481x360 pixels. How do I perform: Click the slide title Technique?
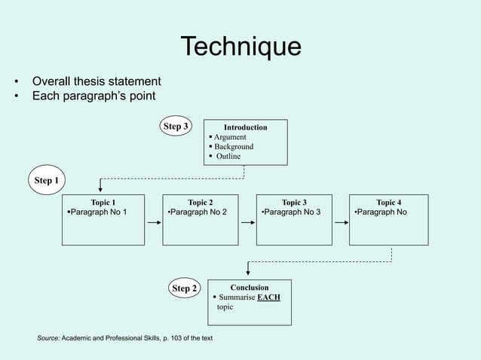point(240,47)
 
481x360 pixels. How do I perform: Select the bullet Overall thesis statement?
point(96,81)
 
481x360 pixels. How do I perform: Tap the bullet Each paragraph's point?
point(93,96)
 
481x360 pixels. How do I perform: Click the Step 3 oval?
point(176,127)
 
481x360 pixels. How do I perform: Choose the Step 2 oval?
point(185,288)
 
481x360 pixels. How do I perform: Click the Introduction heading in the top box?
point(246,127)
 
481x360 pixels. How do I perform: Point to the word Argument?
point(230,137)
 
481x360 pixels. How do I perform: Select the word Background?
point(234,147)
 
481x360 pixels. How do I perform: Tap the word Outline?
point(228,157)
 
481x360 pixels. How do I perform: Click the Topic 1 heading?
point(103,203)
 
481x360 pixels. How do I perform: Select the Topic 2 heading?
point(201,203)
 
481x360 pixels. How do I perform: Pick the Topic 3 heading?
point(294,203)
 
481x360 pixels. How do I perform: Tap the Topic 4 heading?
point(389,203)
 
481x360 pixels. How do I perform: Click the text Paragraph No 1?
point(99,212)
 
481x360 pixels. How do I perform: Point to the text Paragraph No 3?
point(292,212)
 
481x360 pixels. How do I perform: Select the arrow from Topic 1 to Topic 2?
point(153,223)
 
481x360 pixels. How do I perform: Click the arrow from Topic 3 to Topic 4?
point(341,223)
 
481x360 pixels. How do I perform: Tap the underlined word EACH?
point(268,297)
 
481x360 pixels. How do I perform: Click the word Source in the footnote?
point(49,338)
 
